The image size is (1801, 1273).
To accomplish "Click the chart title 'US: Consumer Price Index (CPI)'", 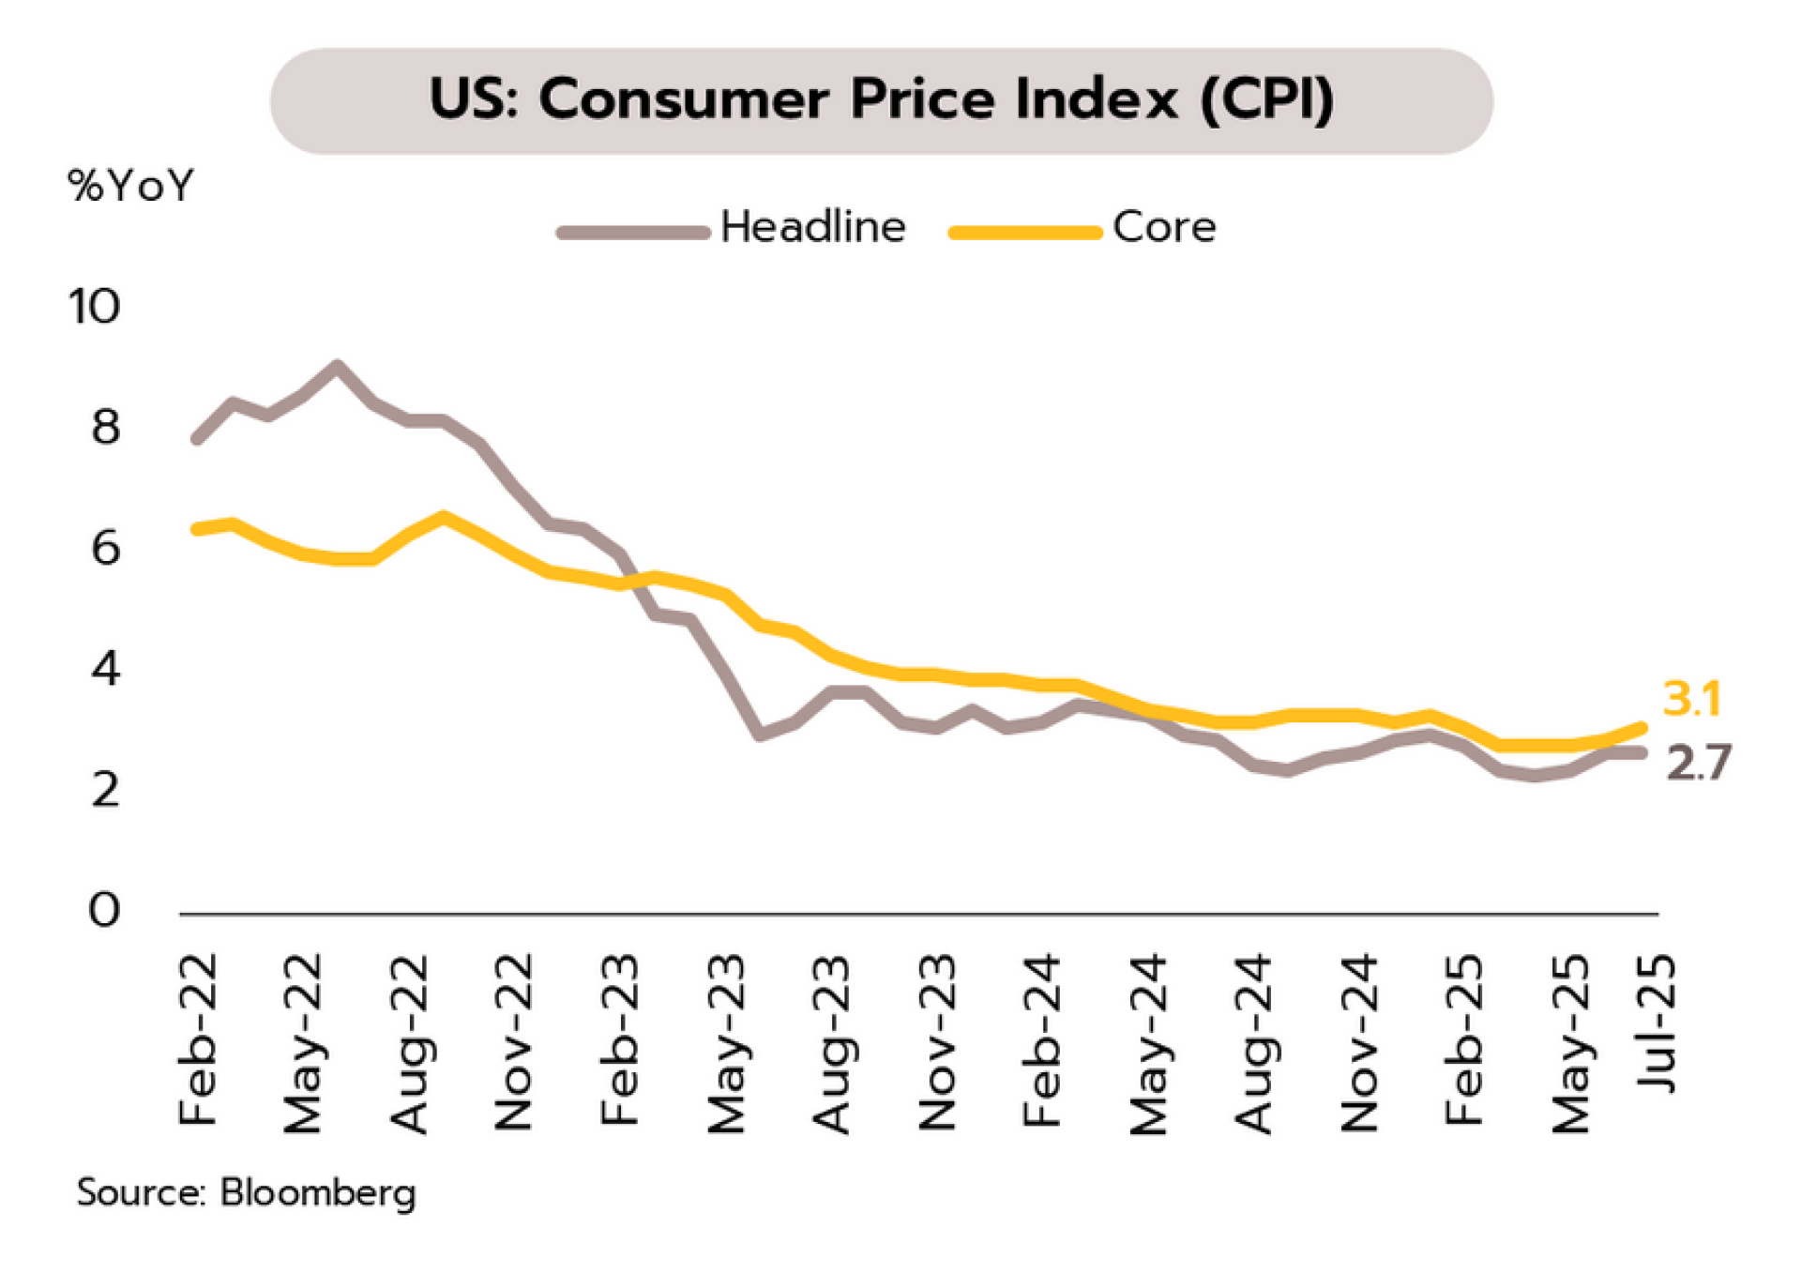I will point(881,99).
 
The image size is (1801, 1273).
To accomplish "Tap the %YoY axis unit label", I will point(130,186).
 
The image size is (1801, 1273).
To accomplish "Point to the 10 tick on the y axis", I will point(95,307).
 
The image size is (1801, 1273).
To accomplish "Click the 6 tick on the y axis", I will point(105,548).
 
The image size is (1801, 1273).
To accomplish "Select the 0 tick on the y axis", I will point(104,910).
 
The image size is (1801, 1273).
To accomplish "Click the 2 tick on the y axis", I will point(105,790).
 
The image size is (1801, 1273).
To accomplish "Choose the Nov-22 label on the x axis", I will point(514,1041).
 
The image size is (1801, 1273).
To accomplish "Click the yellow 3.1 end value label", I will point(1691,699).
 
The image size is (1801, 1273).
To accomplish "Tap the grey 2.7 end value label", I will point(1698,762).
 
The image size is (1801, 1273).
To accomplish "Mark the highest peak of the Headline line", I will point(337,366).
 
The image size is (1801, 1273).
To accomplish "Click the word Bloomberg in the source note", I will point(317,1192).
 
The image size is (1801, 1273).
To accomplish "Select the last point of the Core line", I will point(1642,727).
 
